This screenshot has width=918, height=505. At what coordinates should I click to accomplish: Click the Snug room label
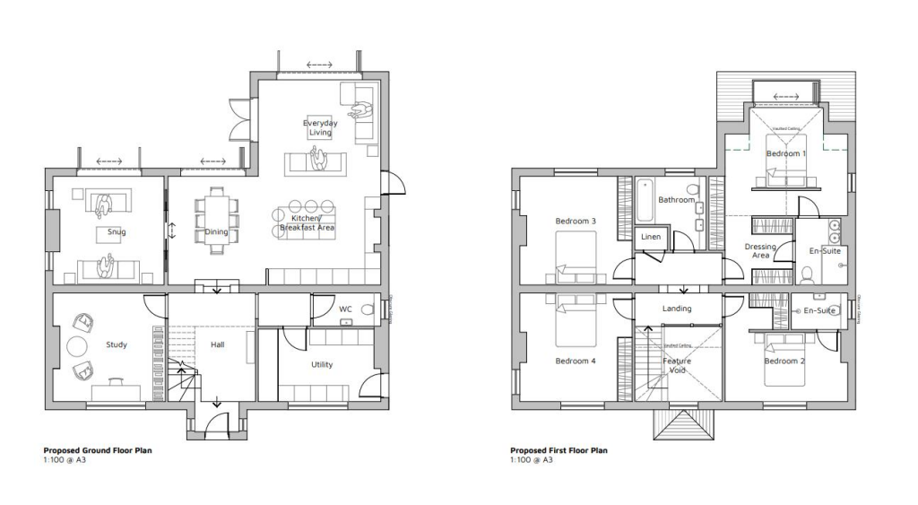pyautogui.click(x=116, y=232)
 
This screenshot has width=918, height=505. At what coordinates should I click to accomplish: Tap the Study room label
pyautogui.click(x=116, y=344)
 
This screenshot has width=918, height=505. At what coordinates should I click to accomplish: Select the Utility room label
pyautogui.click(x=323, y=365)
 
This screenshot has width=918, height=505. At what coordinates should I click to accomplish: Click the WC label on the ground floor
pyautogui.click(x=345, y=309)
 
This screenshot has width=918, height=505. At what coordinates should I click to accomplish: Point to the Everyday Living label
pyautogui.click(x=320, y=126)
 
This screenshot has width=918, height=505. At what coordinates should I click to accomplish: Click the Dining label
pyautogui.click(x=216, y=232)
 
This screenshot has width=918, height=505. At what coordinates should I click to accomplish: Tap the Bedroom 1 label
pyautogui.click(x=785, y=153)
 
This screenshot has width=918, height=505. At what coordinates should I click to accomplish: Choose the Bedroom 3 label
pyautogui.click(x=576, y=221)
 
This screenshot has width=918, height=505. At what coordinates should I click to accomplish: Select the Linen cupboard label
pyautogui.click(x=651, y=237)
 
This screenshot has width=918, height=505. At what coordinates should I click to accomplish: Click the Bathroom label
pyautogui.click(x=676, y=199)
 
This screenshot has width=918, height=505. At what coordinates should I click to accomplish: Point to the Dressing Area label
pyautogui.click(x=760, y=250)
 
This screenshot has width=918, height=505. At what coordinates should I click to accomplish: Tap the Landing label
pyautogui.click(x=677, y=309)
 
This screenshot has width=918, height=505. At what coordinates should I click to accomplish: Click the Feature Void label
pyautogui.click(x=678, y=365)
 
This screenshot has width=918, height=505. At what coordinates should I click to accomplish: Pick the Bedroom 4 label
pyautogui.click(x=576, y=361)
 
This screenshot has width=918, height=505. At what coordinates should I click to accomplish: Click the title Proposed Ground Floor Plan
pyautogui.click(x=98, y=450)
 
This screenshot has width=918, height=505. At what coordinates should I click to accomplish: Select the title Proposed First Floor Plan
pyautogui.click(x=559, y=450)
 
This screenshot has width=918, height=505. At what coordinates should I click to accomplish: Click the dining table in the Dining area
pyautogui.click(x=217, y=221)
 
